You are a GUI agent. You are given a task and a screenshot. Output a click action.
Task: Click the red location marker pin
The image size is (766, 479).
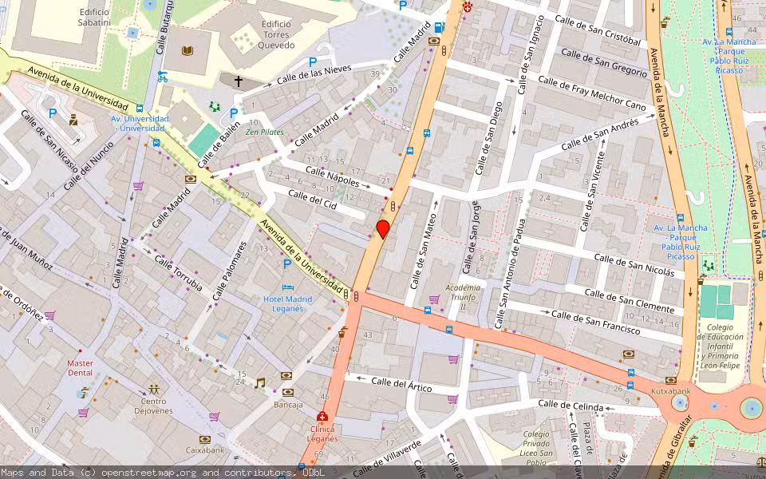tap(383, 229)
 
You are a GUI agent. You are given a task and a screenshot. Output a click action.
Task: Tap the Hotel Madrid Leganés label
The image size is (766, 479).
tap(287, 304)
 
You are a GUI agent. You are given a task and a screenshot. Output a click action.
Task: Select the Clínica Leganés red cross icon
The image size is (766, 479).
tap(322, 416)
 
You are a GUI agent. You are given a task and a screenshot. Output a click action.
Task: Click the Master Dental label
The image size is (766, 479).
tap(80, 368)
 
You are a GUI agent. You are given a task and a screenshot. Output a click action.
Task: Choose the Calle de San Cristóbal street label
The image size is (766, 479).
tap(598, 31)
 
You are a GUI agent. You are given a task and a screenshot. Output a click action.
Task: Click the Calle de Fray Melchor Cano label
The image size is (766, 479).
tap(591, 93)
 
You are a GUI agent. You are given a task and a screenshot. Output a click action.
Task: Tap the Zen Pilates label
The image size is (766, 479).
tap(264, 132)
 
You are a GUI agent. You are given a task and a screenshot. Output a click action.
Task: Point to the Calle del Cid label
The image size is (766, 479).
tap(313, 200)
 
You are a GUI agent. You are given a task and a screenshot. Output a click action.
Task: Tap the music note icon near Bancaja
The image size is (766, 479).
tap(259, 383)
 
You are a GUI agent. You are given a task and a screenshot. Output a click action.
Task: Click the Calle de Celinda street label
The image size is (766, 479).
tap(571, 406)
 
